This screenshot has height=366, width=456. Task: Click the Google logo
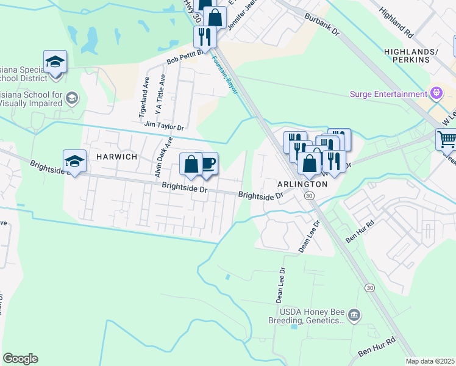pyautogui.click(x=20, y=359)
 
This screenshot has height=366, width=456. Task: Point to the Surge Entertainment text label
pyautogui.click(x=388, y=94)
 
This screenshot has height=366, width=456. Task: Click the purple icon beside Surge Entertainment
pyautogui.click(x=436, y=94)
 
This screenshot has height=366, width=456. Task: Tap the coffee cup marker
pyautogui.click(x=208, y=163)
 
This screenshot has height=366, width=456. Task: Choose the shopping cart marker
pyautogui.click(x=446, y=140)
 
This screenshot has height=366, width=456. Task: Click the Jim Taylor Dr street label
pyautogui.click(x=164, y=126)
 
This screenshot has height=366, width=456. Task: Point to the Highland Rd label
pyautogui.click(x=396, y=21)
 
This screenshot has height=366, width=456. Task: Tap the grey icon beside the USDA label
pyautogui.click(x=354, y=315)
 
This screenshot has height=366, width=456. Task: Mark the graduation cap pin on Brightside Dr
pyautogui.click(x=74, y=160)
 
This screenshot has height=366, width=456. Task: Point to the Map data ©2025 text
pyautogui.click(x=430, y=361)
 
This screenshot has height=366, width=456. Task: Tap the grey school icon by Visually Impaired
pyautogui.click(x=72, y=98)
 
